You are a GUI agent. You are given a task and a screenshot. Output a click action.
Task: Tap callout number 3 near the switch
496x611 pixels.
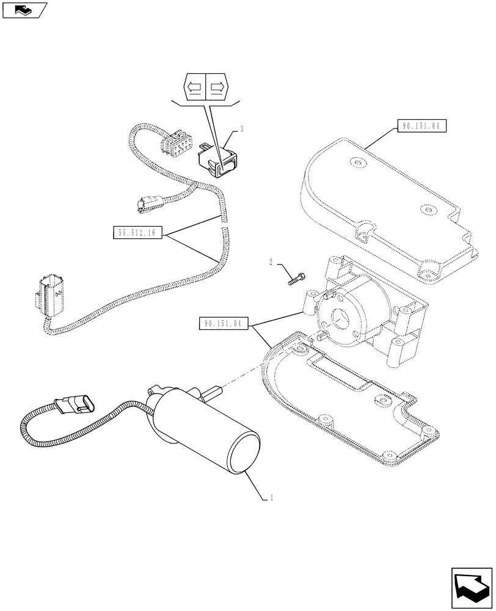pyautogui.click(x=242, y=129)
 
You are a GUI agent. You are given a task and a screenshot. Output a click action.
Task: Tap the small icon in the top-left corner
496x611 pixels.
pyautogui.click(x=24, y=10)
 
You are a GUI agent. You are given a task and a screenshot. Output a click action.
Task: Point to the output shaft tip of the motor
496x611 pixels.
pyautogui.click(x=217, y=390)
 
